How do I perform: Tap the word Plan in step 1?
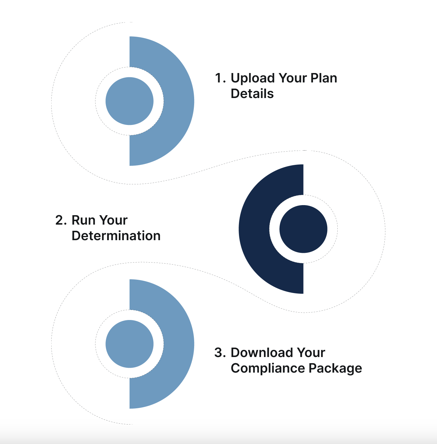[324, 78]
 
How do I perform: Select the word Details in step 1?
[252, 94]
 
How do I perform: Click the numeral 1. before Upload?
[220, 78]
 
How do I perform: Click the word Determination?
[116, 236]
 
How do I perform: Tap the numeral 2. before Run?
[61, 220]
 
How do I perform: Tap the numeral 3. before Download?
[220, 353]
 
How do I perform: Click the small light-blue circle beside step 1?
[130, 101]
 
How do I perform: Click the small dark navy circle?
[303, 229]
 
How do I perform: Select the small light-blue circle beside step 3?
[130, 344]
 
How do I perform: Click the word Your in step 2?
[113, 220]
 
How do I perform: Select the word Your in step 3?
[311, 353]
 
